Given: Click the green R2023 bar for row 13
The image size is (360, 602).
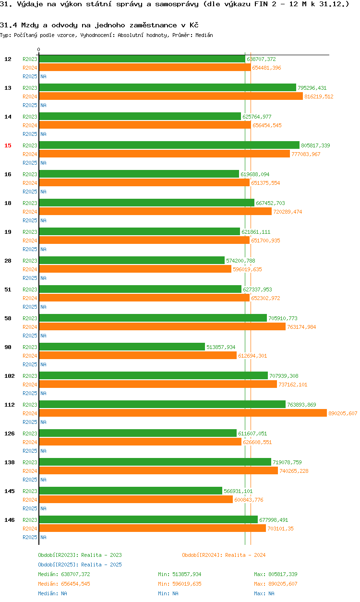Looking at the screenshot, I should coord(168,88).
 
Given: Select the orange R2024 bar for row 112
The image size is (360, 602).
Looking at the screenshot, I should coord(183,413).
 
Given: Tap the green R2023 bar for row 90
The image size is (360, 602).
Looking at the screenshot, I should coord(122,347).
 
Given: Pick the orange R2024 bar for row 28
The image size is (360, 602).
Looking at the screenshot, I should coord(135,269).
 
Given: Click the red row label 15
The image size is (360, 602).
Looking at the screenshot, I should coord(8,145).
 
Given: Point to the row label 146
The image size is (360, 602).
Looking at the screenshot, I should coord(9,520).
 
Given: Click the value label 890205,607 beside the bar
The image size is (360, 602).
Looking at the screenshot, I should coord(343,413).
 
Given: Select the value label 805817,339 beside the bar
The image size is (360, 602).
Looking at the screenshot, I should coord(315,145).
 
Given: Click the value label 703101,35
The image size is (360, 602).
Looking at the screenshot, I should coord(280,529).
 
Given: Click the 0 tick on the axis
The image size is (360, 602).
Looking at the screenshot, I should coord(39,50).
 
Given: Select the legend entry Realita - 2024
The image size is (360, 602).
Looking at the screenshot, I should coord(224,555).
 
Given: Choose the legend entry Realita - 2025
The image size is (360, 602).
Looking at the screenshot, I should coord(80,565).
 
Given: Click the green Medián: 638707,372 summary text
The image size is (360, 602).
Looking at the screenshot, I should coord(64,574).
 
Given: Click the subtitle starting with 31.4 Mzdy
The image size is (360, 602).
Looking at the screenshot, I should coord(99,25).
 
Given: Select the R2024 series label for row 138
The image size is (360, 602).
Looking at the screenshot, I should coord(30,471).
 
